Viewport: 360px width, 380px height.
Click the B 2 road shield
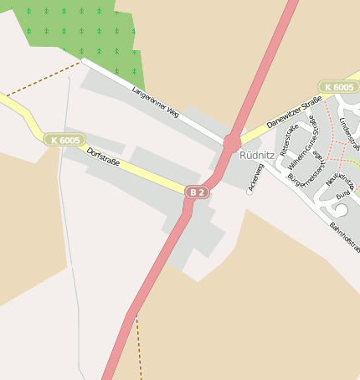click(197, 192)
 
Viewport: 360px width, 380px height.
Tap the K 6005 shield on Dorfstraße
click(64, 140)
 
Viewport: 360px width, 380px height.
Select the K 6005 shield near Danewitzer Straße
click(338, 87)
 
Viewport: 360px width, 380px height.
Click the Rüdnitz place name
click(256, 155)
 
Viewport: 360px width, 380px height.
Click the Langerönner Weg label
click(156, 100)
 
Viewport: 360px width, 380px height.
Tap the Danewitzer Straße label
click(294, 112)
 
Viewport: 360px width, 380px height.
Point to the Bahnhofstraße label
click(343, 239)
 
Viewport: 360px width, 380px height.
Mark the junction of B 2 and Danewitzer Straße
click(232, 143)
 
